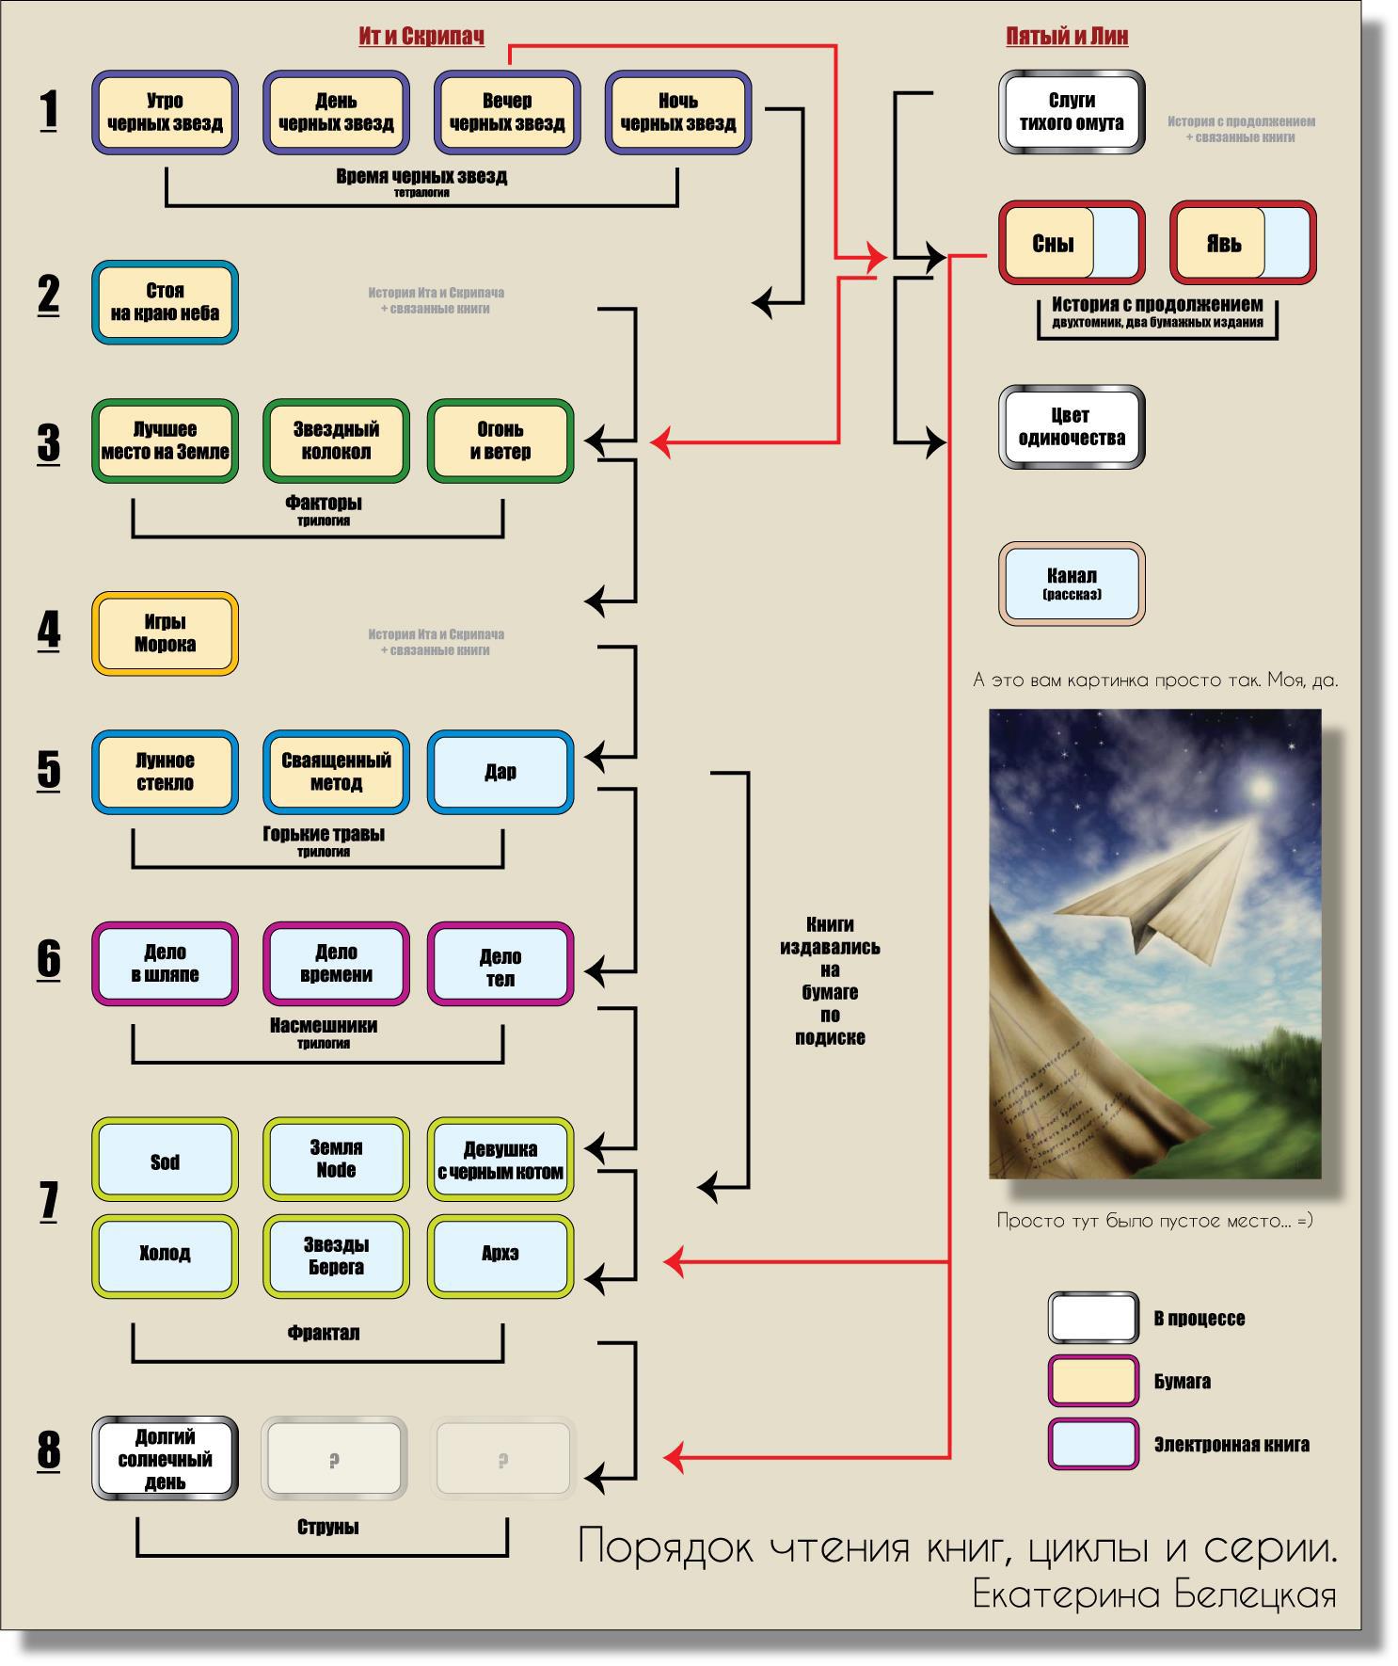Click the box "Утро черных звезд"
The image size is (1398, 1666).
coord(165,112)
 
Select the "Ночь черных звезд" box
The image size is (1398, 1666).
coord(677,112)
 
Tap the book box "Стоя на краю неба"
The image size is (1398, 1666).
coord(165,302)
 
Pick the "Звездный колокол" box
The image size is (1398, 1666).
coord(336,441)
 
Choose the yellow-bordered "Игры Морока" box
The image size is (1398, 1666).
coord(165,633)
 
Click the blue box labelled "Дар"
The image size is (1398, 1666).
coord(500,772)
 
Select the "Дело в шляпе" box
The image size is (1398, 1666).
coord(165,964)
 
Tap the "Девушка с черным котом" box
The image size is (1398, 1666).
coord(500,1160)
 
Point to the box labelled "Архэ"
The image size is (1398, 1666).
coord(500,1256)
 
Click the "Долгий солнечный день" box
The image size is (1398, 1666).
coord(165,1458)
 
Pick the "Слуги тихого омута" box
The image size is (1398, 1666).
coord(1072,112)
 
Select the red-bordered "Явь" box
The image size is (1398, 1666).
coord(1242,243)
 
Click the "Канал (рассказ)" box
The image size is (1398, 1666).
coord(1072,583)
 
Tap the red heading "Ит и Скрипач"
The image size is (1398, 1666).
coord(421,36)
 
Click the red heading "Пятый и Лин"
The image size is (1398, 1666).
coord(1067,36)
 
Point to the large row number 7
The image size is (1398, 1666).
coord(49,1201)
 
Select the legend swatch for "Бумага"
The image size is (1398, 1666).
coord(1093,1381)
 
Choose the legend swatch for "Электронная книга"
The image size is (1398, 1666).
coord(1093,1444)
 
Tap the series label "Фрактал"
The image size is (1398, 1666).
coord(324,1333)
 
